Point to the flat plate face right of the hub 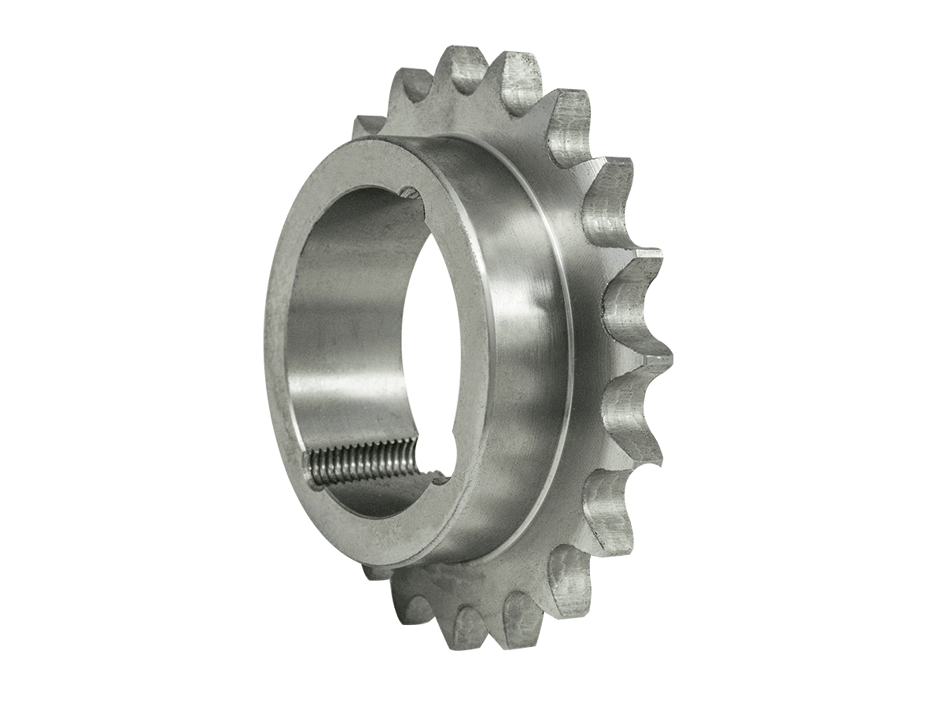click(590, 346)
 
